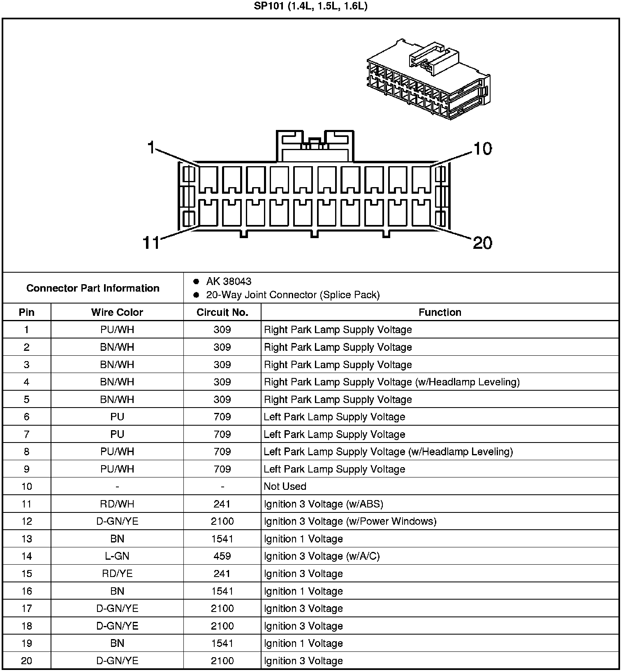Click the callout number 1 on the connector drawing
[151, 147]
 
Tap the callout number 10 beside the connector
[482, 148]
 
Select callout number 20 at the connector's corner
[482, 243]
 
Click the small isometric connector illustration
[428, 80]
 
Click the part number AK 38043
[229, 281]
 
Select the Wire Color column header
[117, 312]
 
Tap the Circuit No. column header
[222, 312]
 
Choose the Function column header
[440, 312]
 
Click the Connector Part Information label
[93, 288]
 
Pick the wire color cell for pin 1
[117, 330]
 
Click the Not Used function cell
[285, 487]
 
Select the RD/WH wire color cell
[117, 504]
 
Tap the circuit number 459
[222, 556]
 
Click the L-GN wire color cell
[117, 556]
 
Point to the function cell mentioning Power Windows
[350, 521]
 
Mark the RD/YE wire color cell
[117, 574]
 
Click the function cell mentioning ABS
[323, 504]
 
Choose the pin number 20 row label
[27, 660]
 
